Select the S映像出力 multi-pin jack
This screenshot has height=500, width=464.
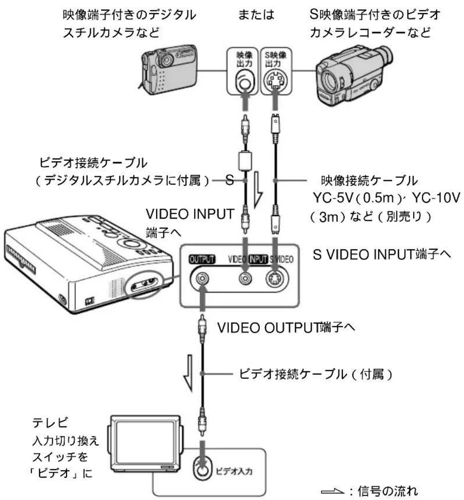(x=275, y=82)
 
